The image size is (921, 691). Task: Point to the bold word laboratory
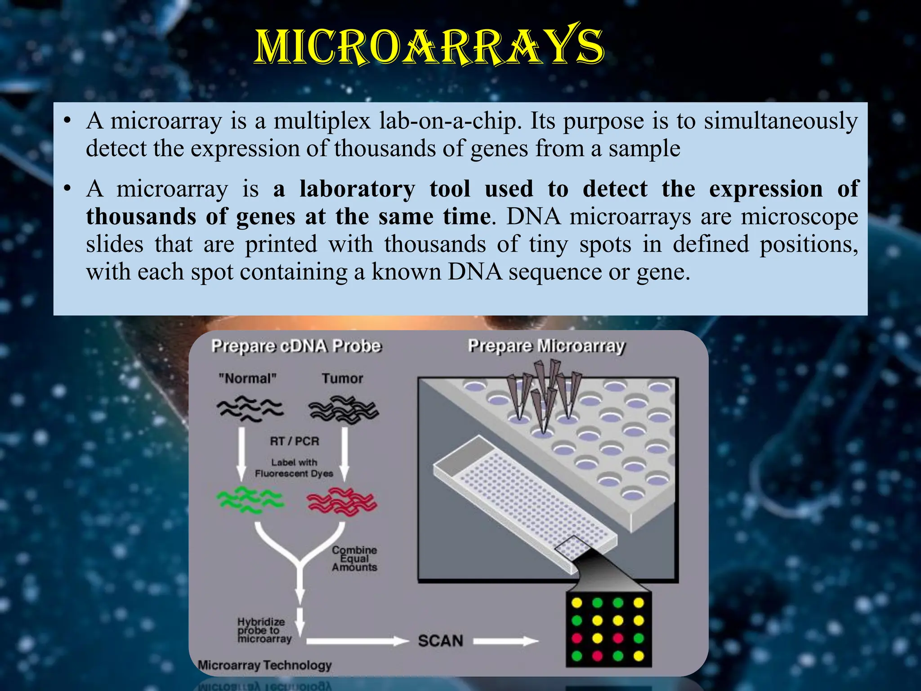tap(358, 189)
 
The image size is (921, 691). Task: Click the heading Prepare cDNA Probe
tap(296, 346)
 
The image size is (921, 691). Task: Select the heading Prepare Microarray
tap(546, 346)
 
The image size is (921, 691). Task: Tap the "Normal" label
tap(247, 378)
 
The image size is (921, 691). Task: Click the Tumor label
tap(342, 378)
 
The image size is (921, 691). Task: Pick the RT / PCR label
tap(295, 441)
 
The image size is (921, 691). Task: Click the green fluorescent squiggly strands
tap(250, 500)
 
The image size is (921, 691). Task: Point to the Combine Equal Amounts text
tap(354, 558)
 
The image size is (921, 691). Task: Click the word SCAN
tap(440, 641)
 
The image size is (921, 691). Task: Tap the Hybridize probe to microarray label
tap(264, 630)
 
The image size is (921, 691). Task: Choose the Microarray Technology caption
tap(265, 665)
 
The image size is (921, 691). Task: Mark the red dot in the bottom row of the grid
tap(597, 656)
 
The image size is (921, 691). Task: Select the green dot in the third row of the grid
tap(639, 638)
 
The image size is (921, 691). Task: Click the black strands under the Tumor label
tap(344, 410)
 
